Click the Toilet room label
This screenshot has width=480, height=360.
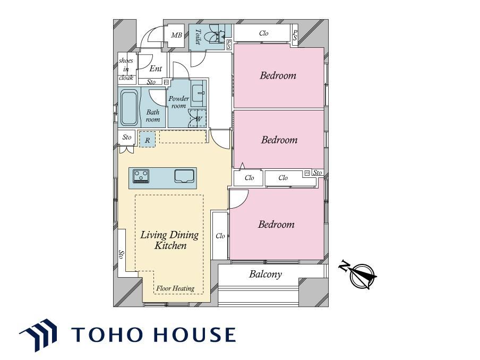pyautogui.click(x=198, y=37)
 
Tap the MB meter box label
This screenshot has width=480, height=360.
pyautogui.click(x=176, y=35)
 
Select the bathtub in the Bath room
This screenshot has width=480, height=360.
pyautogui.click(x=129, y=107)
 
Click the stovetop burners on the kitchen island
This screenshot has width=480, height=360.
pyautogui.click(x=141, y=176)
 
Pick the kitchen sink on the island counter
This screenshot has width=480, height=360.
pyautogui.click(x=184, y=176)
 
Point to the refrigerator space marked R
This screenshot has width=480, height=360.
pyautogui.click(x=147, y=139)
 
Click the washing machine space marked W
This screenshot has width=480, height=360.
pyautogui.click(x=198, y=118)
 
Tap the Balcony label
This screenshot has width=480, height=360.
pyautogui.click(x=265, y=274)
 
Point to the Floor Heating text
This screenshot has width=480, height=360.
pyautogui.click(x=175, y=288)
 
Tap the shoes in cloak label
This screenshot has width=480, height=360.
pyautogui.click(x=126, y=69)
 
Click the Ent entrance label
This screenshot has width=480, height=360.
pyautogui.click(x=156, y=68)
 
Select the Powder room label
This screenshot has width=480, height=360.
pyautogui.click(x=179, y=102)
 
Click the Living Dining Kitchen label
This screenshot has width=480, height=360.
pyautogui.click(x=169, y=240)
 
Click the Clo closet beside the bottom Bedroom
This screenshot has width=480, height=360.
pyautogui.click(x=220, y=236)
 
